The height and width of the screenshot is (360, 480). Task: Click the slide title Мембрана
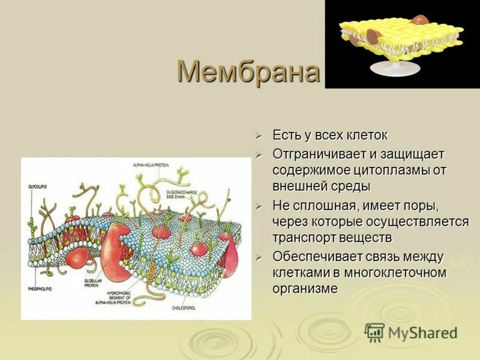pyautogui.click(x=248, y=73)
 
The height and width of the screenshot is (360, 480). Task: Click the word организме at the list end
pyautogui.click(x=305, y=289)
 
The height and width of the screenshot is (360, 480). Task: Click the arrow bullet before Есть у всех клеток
pyautogui.click(x=259, y=136)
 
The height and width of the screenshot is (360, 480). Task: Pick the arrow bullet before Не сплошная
pyautogui.click(x=259, y=206)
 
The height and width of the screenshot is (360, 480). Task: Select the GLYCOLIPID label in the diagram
pyautogui.click(x=37, y=188)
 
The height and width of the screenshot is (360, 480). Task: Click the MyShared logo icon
pyautogui.click(x=374, y=333)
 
